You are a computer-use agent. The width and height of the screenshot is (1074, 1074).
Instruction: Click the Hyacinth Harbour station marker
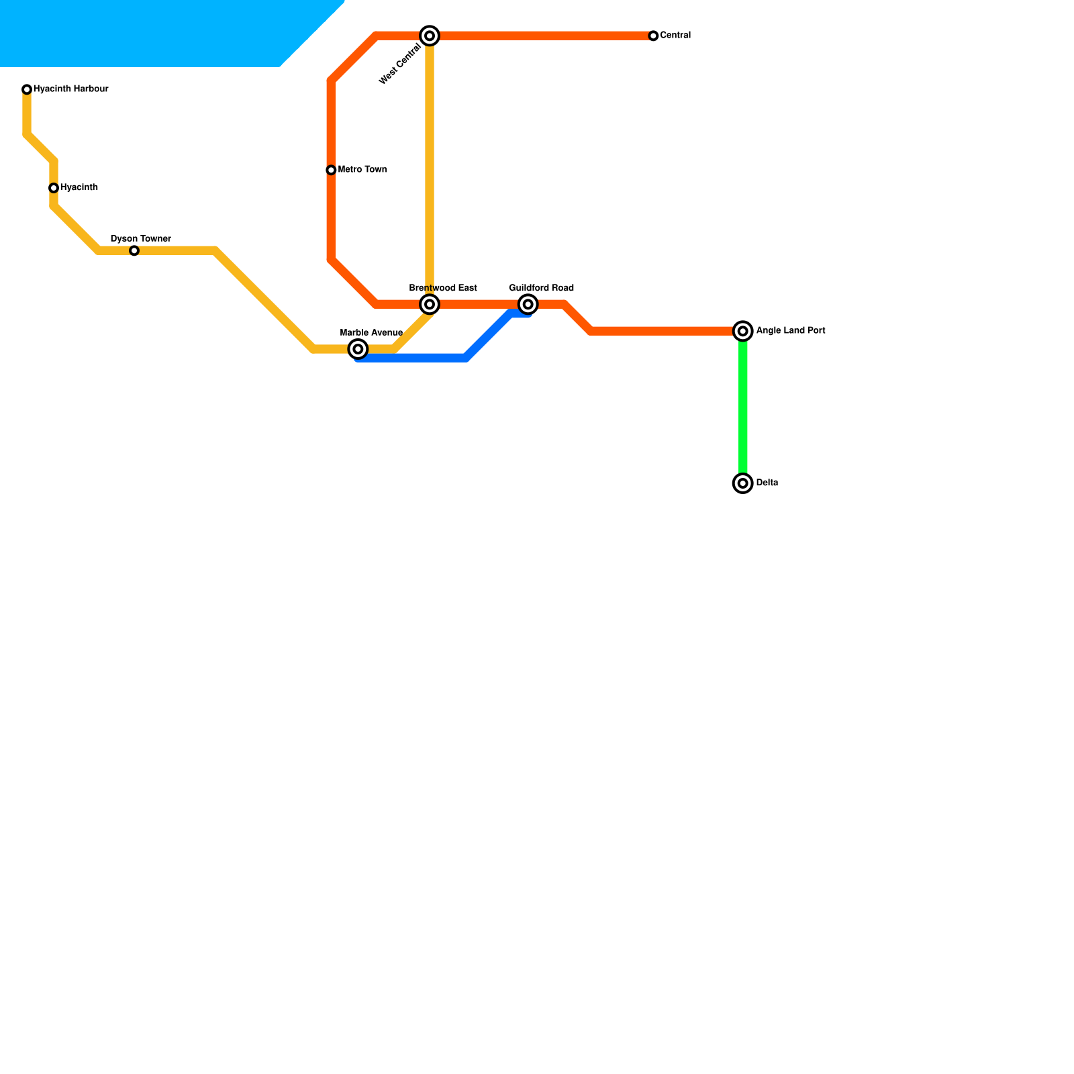click(x=27, y=89)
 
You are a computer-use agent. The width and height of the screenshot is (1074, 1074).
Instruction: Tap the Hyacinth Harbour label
click(x=71, y=89)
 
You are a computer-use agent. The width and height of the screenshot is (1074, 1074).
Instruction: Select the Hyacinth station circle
click(x=54, y=188)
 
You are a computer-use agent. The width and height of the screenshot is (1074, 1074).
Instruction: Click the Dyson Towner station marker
click(x=134, y=251)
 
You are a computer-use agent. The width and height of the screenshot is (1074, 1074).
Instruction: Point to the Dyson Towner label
click(x=141, y=239)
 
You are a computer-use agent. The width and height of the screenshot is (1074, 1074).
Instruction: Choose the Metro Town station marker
click(x=331, y=170)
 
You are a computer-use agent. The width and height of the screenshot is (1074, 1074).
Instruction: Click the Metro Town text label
click(x=362, y=170)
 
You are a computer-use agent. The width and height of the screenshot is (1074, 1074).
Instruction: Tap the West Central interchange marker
click(x=430, y=36)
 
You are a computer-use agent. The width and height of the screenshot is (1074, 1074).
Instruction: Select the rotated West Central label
click(x=400, y=64)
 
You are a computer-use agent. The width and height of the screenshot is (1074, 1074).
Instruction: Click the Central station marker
click(x=653, y=36)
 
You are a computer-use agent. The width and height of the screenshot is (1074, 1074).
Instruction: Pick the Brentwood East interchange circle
click(x=430, y=305)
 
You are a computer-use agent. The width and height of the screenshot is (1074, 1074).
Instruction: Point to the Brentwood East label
click(x=443, y=289)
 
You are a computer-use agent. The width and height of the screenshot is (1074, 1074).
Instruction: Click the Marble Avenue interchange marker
click(x=358, y=349)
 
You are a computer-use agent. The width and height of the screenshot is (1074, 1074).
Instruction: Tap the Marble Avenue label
click(x=371, y=333)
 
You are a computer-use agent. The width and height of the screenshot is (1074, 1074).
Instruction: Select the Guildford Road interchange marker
click(x=528, y=305)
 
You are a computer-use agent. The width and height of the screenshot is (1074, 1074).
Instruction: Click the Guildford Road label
click(x=542, y=289)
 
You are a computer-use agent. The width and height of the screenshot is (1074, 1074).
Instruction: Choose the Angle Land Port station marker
click(x=743, y=331)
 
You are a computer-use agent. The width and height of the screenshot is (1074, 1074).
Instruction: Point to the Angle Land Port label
click(x=791, y=331)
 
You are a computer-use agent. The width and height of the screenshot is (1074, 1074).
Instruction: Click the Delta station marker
click(x=743, y=483)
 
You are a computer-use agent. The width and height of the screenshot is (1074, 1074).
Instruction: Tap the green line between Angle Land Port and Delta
click(x=743, y=407)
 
